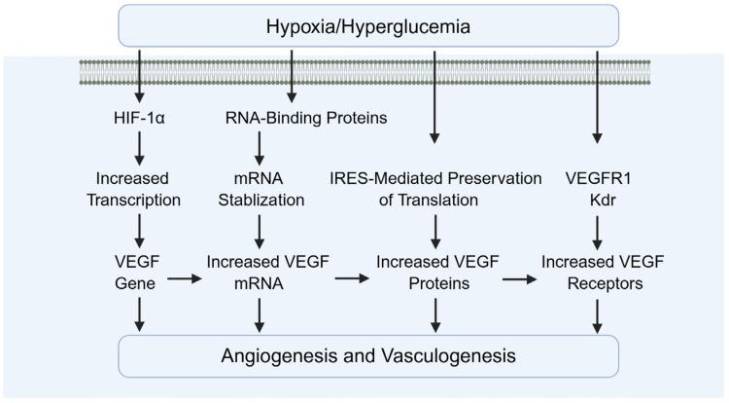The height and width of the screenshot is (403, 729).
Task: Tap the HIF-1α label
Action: pyautogui.click(x=141, y=120)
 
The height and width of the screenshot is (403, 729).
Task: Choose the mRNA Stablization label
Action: pyautogui.click(x=260, y=189)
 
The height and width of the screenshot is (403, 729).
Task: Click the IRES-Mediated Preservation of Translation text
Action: pyautogui.click(x=434, y=189)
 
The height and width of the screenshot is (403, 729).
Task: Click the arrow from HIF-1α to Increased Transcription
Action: pyautogui.click(x=141, y=148)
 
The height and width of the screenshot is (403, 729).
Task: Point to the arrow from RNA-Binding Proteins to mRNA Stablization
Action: pyautogui.click(x=260, y=148)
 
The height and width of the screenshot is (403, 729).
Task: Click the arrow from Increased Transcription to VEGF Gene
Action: pyautogui.click(x=141, y=229)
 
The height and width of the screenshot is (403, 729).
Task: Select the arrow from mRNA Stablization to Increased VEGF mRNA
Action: pyautogui.click(x=260, y=229)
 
